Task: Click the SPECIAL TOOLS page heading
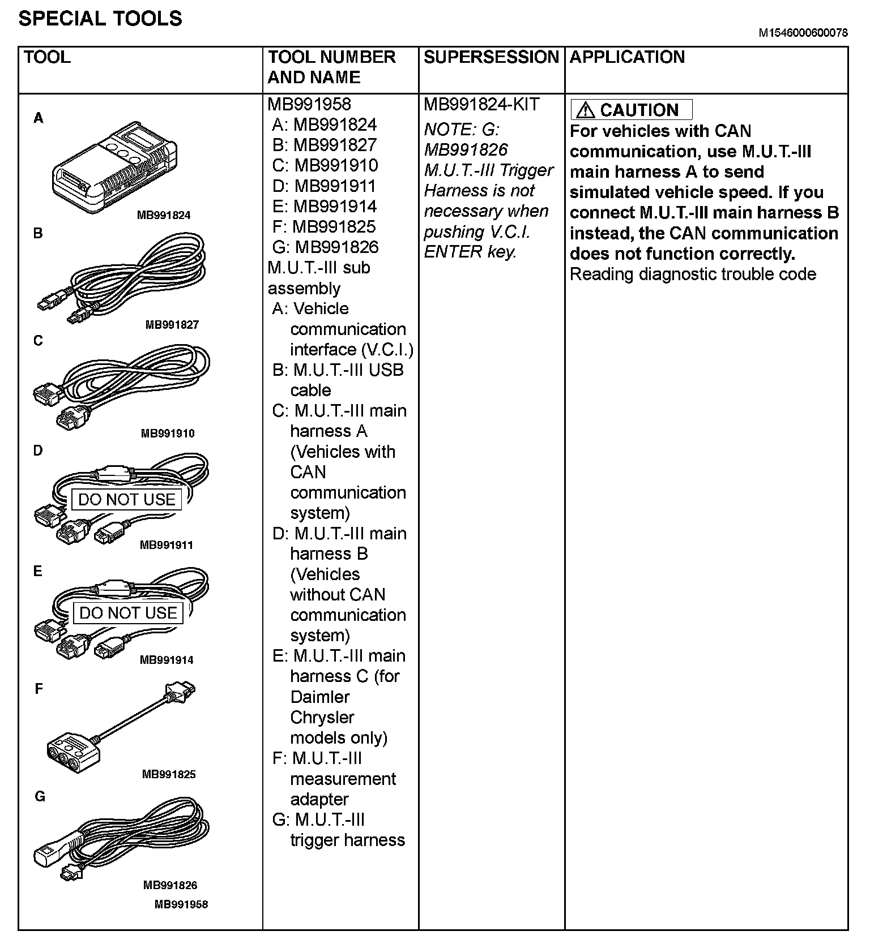100,19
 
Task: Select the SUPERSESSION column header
491,57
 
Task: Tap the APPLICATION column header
627,57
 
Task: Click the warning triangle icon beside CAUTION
585,110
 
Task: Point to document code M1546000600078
803,33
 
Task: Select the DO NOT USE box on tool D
127,500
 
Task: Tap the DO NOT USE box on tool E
128,613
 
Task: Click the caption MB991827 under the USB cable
172,325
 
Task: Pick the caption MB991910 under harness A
168,434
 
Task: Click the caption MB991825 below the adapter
169,774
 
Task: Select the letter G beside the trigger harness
40,796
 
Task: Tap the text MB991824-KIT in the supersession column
481,105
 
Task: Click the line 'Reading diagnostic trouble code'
693,274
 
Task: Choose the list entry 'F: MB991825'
324,227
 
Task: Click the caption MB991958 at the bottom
181,904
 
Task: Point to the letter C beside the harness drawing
38,341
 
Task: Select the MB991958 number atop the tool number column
309,105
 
